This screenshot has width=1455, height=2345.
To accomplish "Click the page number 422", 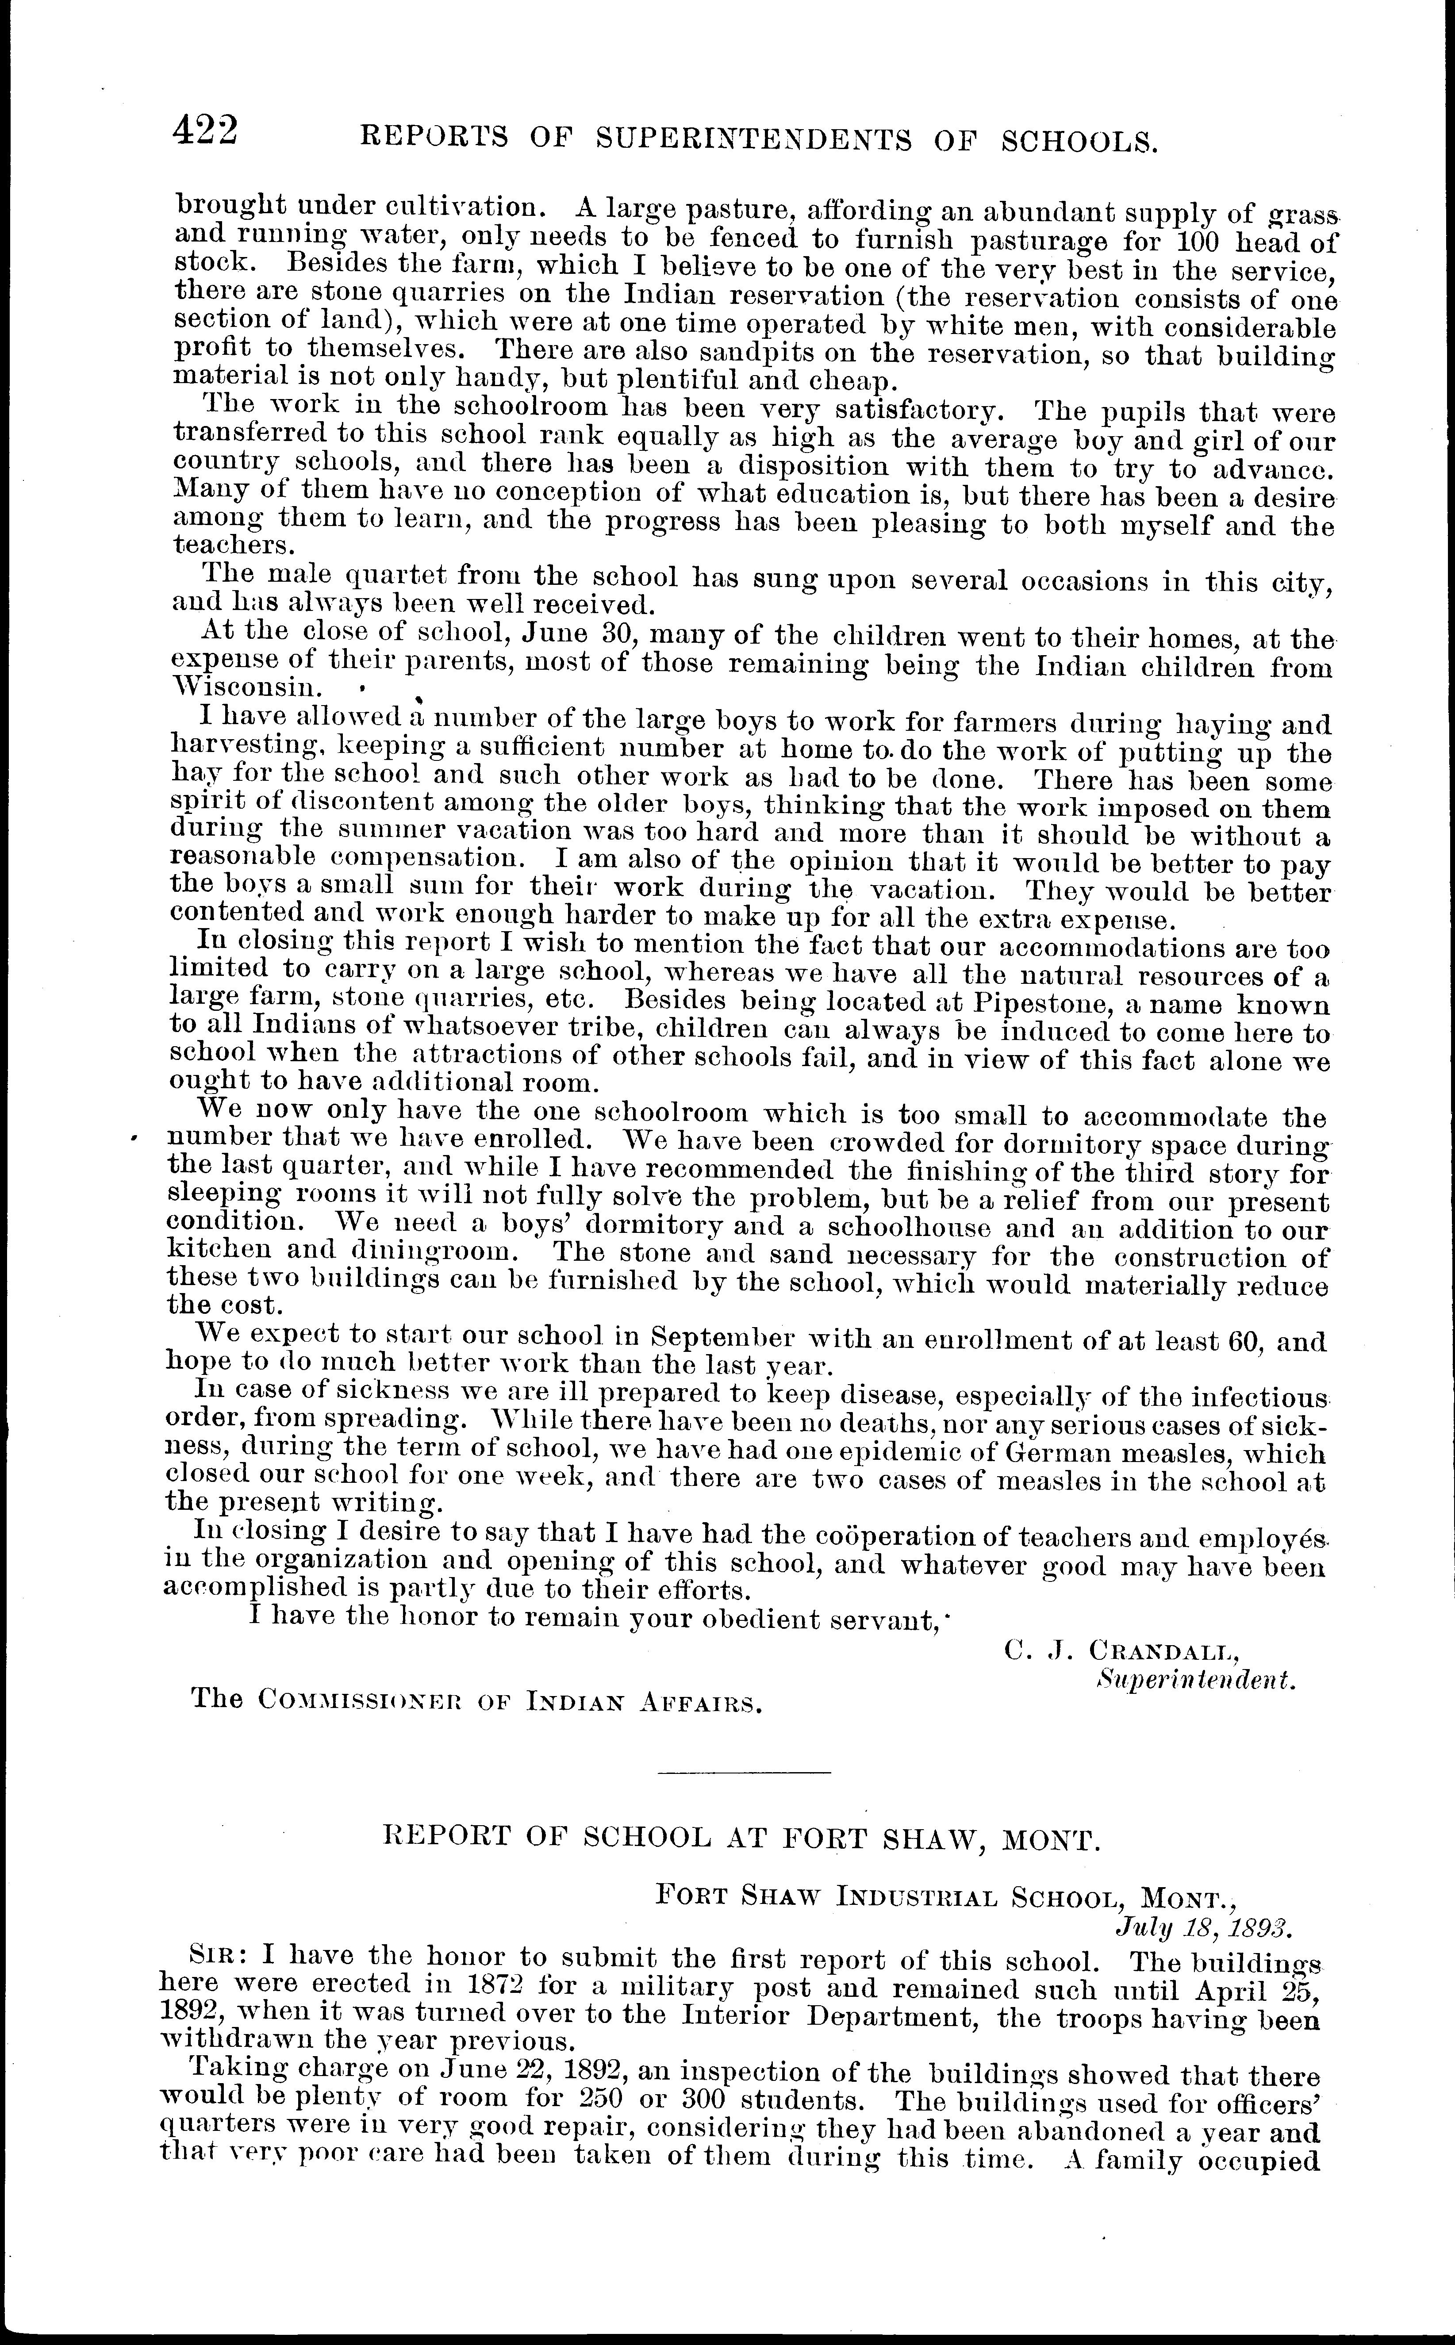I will coord(204,130).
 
